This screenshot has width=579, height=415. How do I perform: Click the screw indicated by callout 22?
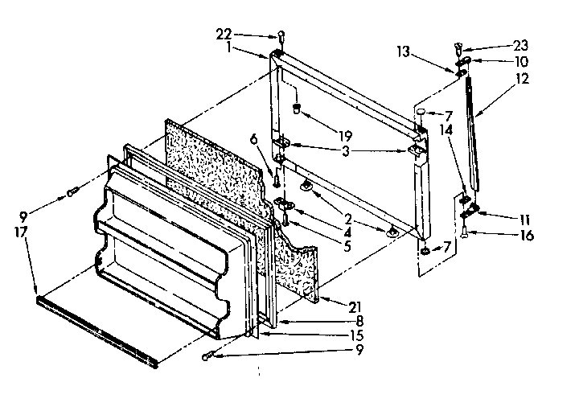pyautogui.click(x=281, y=37)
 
